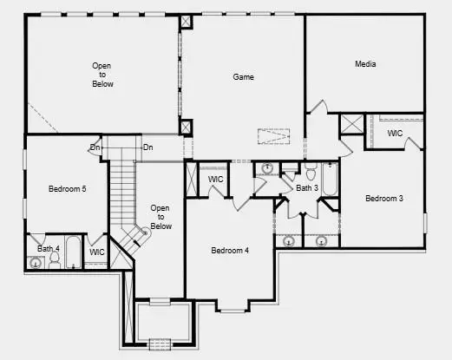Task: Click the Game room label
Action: pos(243,77)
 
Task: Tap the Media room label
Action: pos(364,64)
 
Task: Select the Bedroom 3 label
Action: pos(383,199)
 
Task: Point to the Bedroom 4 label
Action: pos(230,251)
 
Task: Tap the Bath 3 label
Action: pos(307,187)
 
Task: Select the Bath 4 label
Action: pos(49,249)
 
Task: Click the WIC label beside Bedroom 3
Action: pos(395,134)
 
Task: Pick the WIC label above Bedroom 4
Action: pos(216,180)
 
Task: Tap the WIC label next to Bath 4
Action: pos(97,252)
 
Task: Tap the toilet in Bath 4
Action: pos(55,259)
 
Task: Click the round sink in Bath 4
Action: pos(36,261)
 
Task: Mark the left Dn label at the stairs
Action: pos(95,147)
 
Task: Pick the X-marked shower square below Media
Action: pos(351,123)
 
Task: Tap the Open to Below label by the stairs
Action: pos(161,217)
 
